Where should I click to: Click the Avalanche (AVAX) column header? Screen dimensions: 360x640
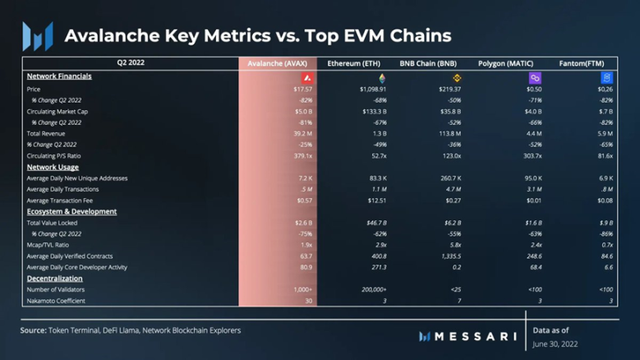279,63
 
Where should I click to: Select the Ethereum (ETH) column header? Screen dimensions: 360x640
354,63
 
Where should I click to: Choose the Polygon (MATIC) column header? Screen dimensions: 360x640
506,63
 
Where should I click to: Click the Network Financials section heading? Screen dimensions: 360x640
58,76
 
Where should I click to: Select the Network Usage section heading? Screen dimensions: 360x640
53,167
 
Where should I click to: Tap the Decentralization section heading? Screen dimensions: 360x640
54,279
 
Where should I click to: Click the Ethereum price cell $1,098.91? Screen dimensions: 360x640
372,89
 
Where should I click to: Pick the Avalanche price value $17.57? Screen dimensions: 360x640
303,89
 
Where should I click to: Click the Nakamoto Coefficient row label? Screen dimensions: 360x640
56,301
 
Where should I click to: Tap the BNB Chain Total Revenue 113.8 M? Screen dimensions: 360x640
449,133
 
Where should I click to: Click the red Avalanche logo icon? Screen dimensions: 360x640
306,78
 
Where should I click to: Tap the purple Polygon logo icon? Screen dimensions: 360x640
535,78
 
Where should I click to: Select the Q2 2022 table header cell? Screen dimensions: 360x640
131,63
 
